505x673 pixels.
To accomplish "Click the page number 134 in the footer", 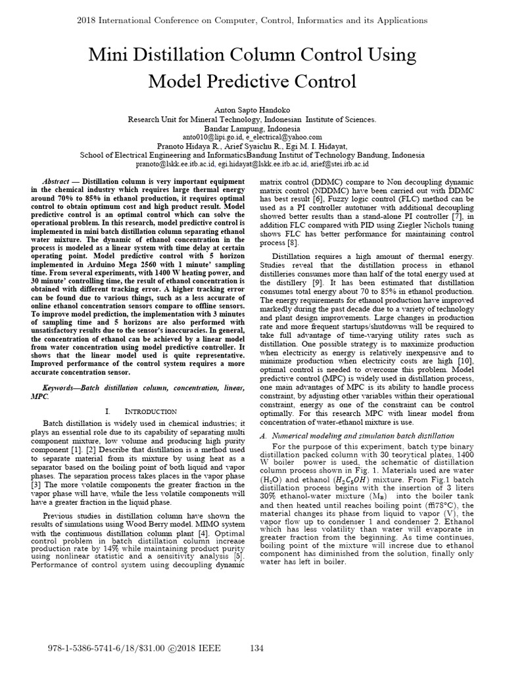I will tap(257, 649).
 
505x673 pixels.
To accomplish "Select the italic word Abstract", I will tap(56, 180).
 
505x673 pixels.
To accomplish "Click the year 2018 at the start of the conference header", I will tap(88, 20).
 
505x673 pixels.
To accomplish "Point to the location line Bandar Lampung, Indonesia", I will tap(252, 128).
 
